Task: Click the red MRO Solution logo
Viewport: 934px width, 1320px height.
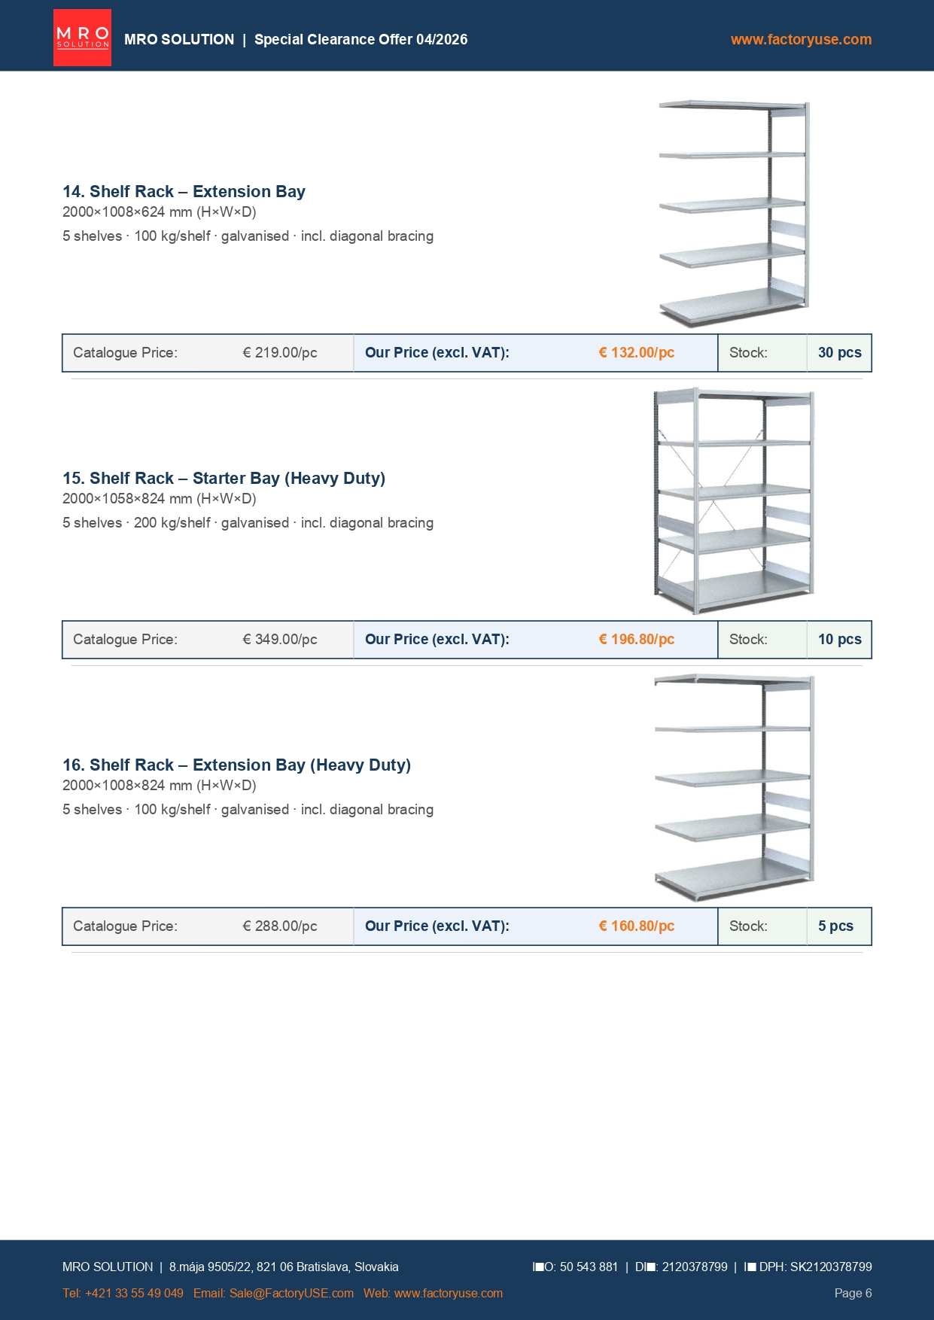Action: point(82,38)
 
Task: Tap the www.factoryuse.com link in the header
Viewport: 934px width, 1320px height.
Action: point(801,39)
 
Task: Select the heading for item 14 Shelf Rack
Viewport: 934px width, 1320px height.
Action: point(184,191)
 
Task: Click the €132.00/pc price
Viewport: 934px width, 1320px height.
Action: point(636,352)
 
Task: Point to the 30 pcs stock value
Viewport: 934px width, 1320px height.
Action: point(839,352)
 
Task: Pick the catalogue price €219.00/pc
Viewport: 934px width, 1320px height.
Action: point(279,352)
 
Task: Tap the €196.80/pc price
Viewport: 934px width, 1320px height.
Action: point(636,639)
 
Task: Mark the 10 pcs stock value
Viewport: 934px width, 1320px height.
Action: point(839,639)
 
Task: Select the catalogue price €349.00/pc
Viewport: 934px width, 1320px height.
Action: point(279,639)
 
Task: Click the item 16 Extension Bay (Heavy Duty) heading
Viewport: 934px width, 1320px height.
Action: point(236,765)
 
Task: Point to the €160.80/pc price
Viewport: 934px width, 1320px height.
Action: point(636,926)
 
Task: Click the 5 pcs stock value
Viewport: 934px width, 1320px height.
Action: point(835,926)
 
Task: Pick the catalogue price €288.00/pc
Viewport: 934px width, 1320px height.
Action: point(279,926)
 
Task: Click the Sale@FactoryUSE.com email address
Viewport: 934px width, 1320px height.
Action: point(291,1293)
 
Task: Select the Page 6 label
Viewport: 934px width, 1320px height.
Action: point(853,1293)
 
